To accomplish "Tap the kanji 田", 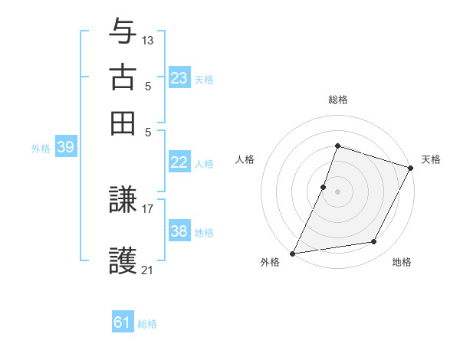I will (x=123, y=123).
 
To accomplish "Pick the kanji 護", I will (x=123, y=260).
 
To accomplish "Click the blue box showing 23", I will (x=179, y=78).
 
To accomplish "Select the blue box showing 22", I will (x=179, y=162).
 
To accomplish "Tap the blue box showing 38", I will (x=179, y=231).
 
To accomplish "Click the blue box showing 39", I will (x=65, y=148).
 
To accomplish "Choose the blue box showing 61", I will (x=123, y=322).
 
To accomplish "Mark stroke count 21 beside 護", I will (x=148, y=269).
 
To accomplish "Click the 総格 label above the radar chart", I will (x=337, y=100).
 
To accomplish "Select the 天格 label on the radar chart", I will (x=431, y=159).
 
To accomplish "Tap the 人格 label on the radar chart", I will (x=245, y=159).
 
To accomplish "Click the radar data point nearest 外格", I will (x=292, y=253).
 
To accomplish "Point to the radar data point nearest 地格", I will (x=374, y=242).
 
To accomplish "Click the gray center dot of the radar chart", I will (x=337, y=191).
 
